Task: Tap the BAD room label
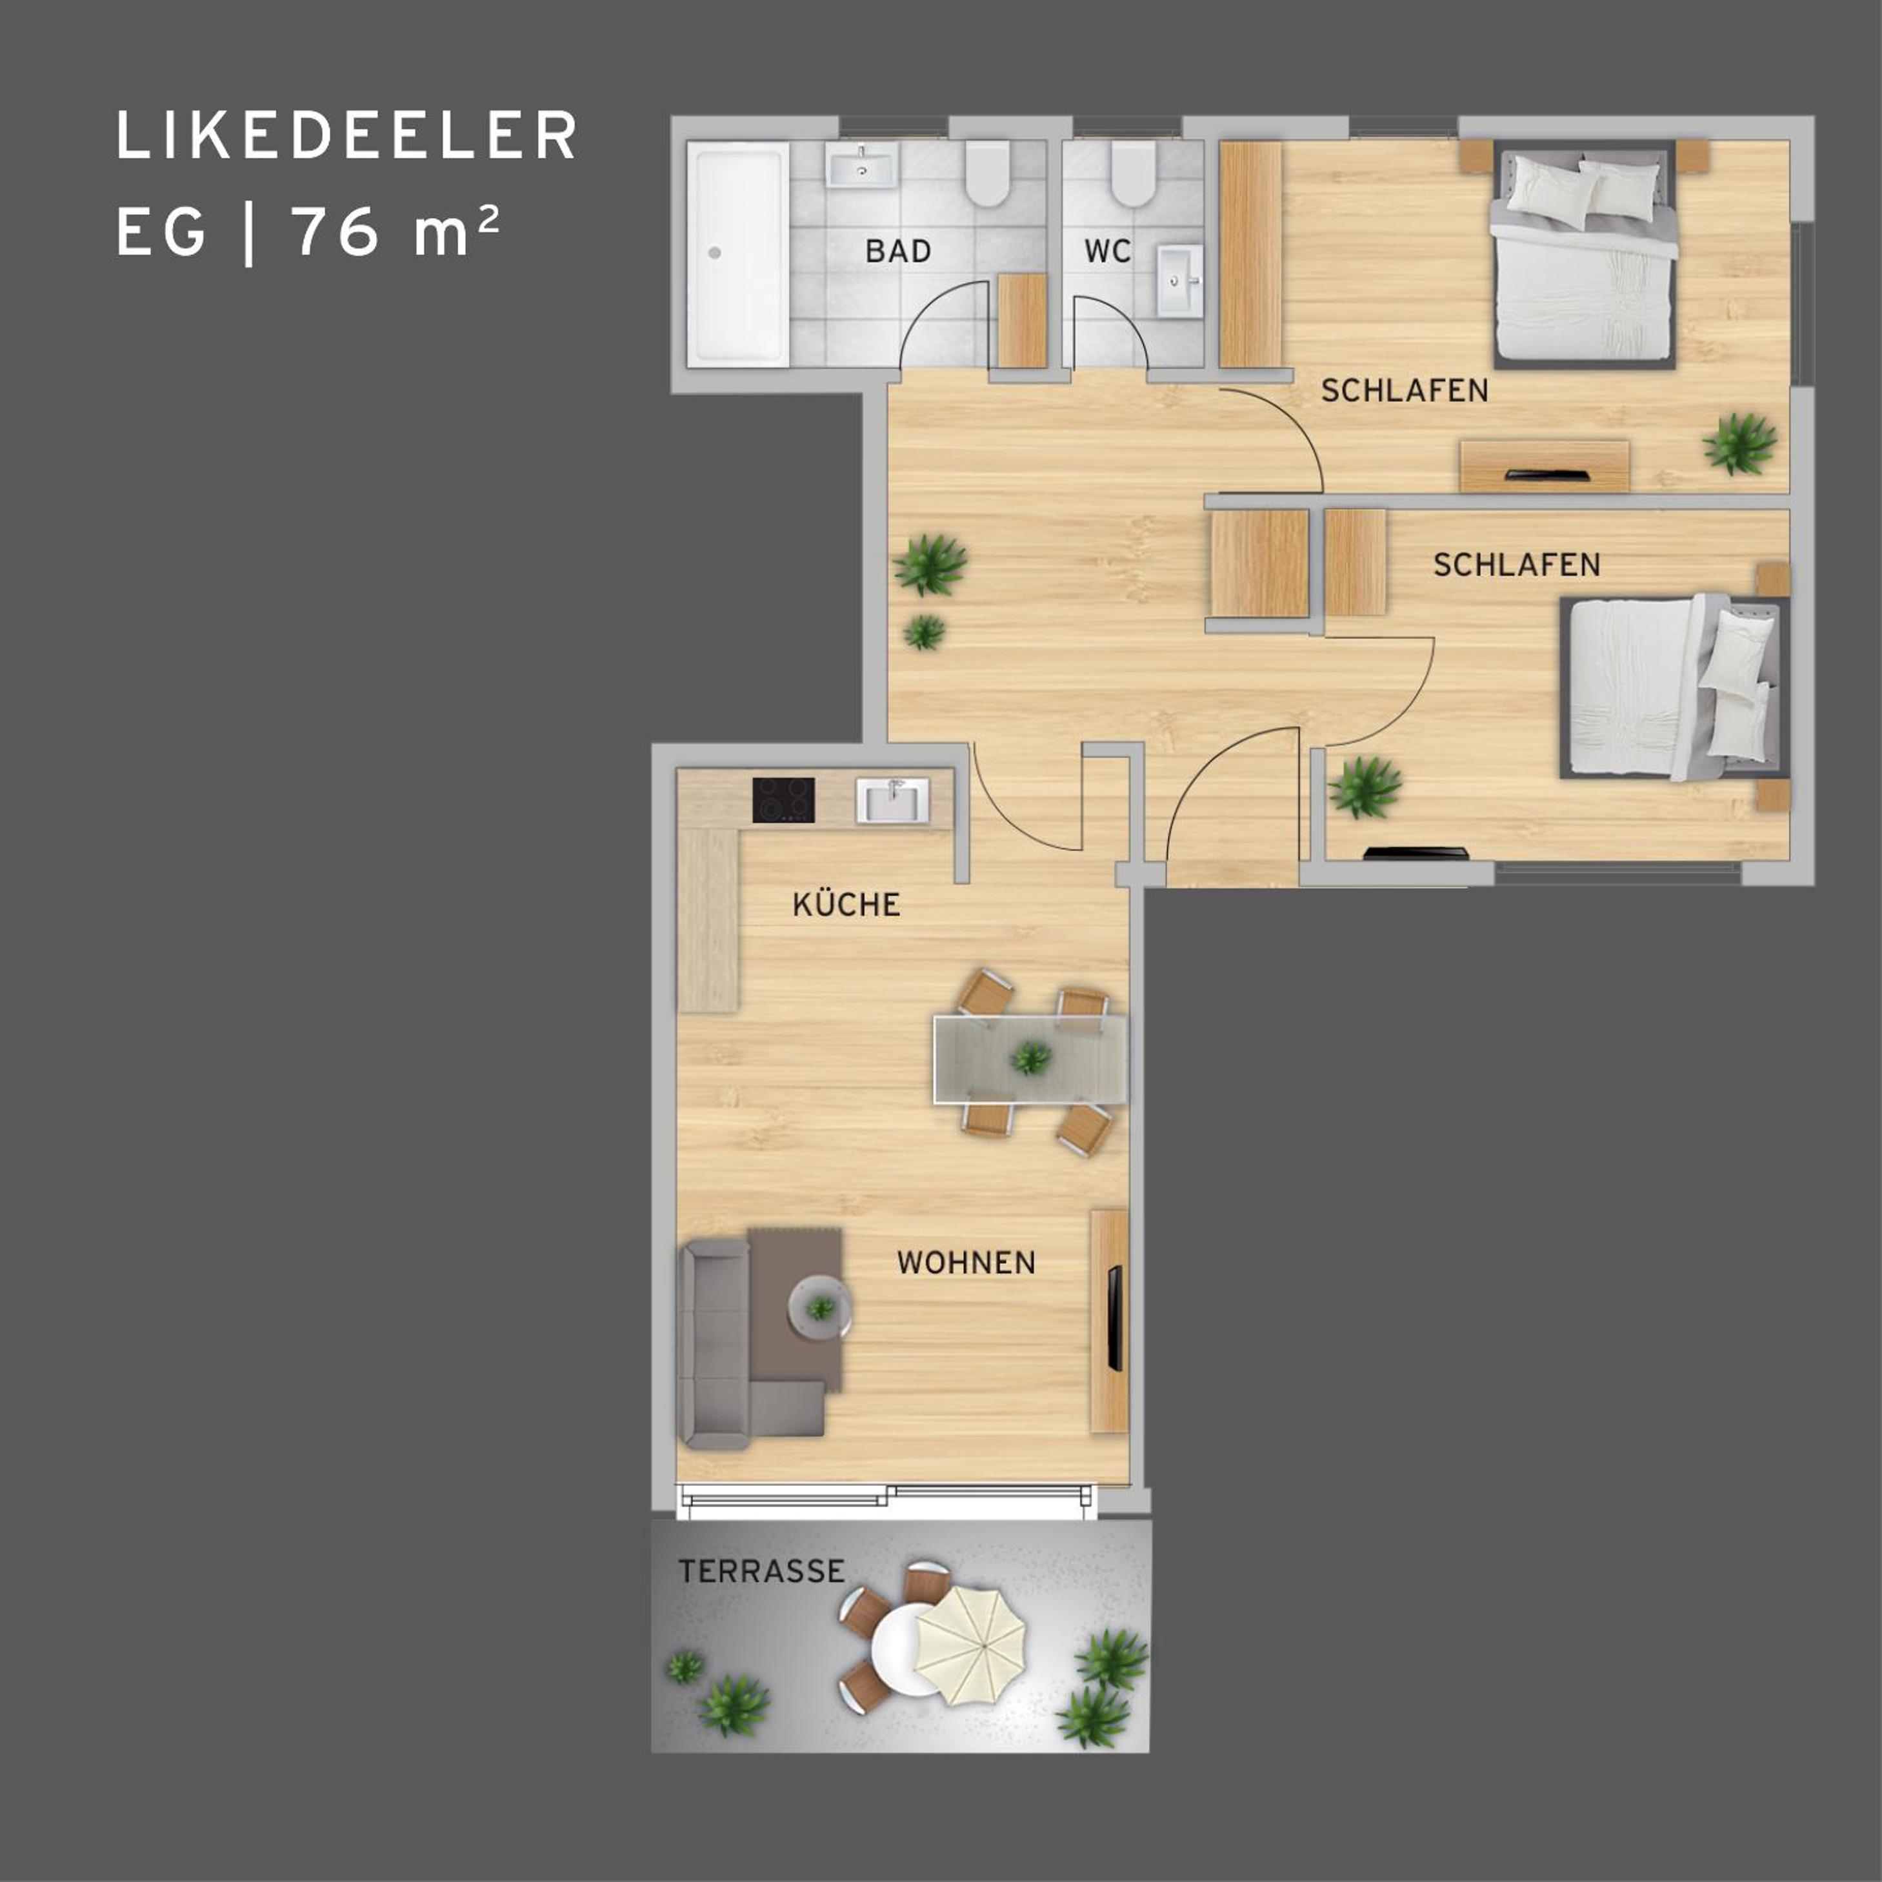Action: click(x=898, y=252)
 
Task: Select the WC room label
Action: click(x=1108, y=252)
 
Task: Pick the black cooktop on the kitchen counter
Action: click(x=783, y=800)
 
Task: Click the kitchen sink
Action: click(x=891, y=801)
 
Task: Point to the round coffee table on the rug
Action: click(x=820, y=1307)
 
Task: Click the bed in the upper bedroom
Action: click(x=1584, y=255)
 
